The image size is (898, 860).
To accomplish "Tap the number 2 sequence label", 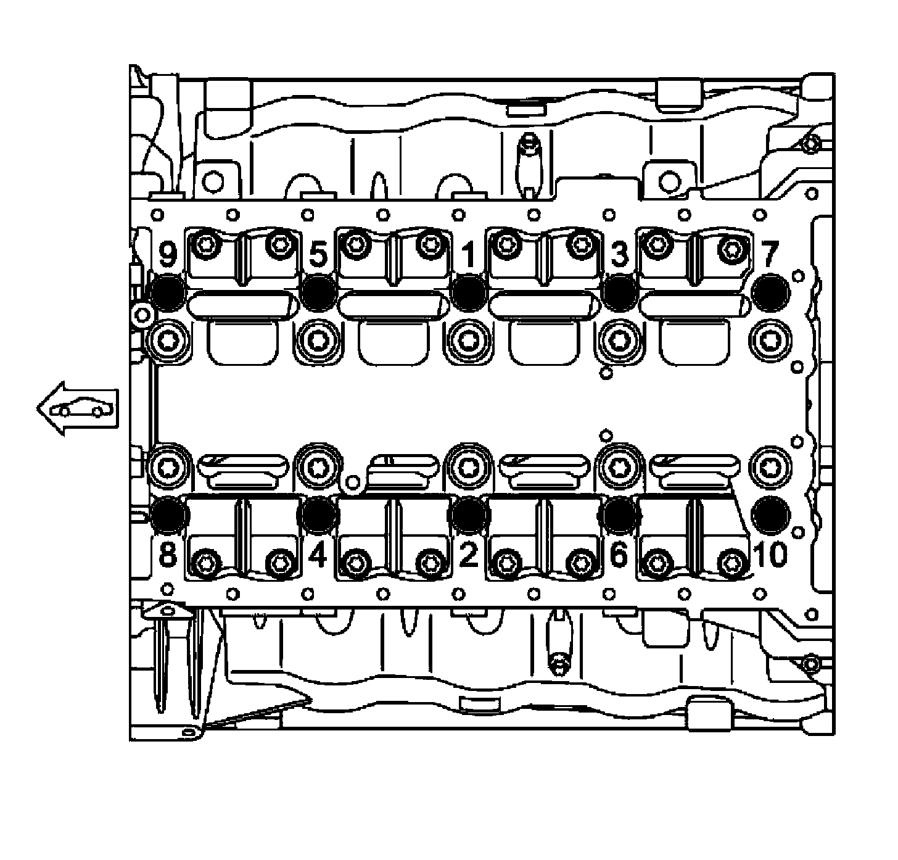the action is [469, 555].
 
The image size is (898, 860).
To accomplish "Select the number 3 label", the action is [619, 255].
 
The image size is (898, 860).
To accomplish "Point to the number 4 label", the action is [317, 555].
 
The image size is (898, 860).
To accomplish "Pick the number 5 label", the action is [318, 255].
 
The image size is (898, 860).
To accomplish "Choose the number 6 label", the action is [619, 555].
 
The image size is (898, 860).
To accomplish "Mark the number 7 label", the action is [770, 255].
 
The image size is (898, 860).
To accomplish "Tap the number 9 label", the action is [168, 255].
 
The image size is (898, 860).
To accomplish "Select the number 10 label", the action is [770, 555].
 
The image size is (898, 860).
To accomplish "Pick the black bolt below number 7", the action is [772, 293].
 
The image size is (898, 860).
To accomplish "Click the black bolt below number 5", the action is [319, 293].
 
